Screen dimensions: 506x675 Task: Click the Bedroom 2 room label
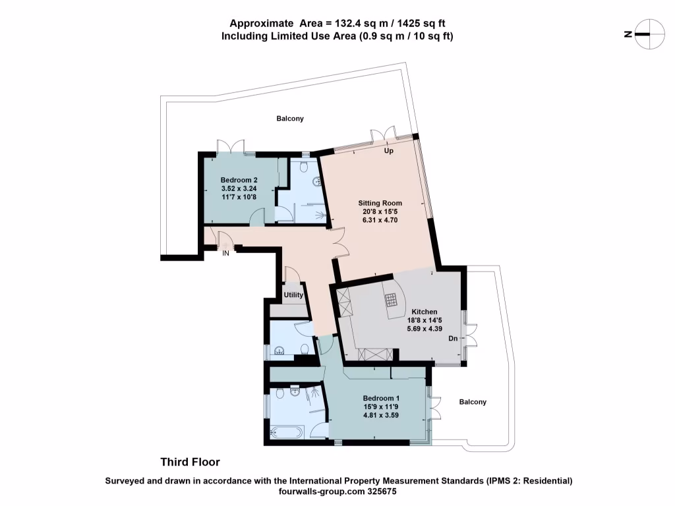pyautogui.click(x=239, y=180)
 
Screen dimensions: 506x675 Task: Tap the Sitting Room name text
pyautogui.click(x=380, y=203)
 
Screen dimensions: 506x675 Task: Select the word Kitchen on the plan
pyautogui.click(x=425, y=312)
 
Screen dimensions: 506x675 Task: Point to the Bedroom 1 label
pyautogui.click(x=381, y=399)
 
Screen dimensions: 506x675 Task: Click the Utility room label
pyautogui.click(x=293, y=295)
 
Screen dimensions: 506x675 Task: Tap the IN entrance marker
pyautogui.click(x=225, y=253)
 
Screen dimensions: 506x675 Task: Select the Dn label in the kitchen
pyautogui.click(x=453, y=339)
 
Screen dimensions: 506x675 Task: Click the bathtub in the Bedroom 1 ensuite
pyautogui.click(x=287, y=433)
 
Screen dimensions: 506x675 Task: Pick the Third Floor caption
pyautogui.click(x=191, y=462)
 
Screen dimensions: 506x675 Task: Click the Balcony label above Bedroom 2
pyautogui.click(x=290, y=119)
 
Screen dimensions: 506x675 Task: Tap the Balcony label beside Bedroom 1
pyautogui.click(x=473, y=402)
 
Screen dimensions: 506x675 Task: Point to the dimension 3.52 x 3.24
pyautogui.click(x=239, y=188)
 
